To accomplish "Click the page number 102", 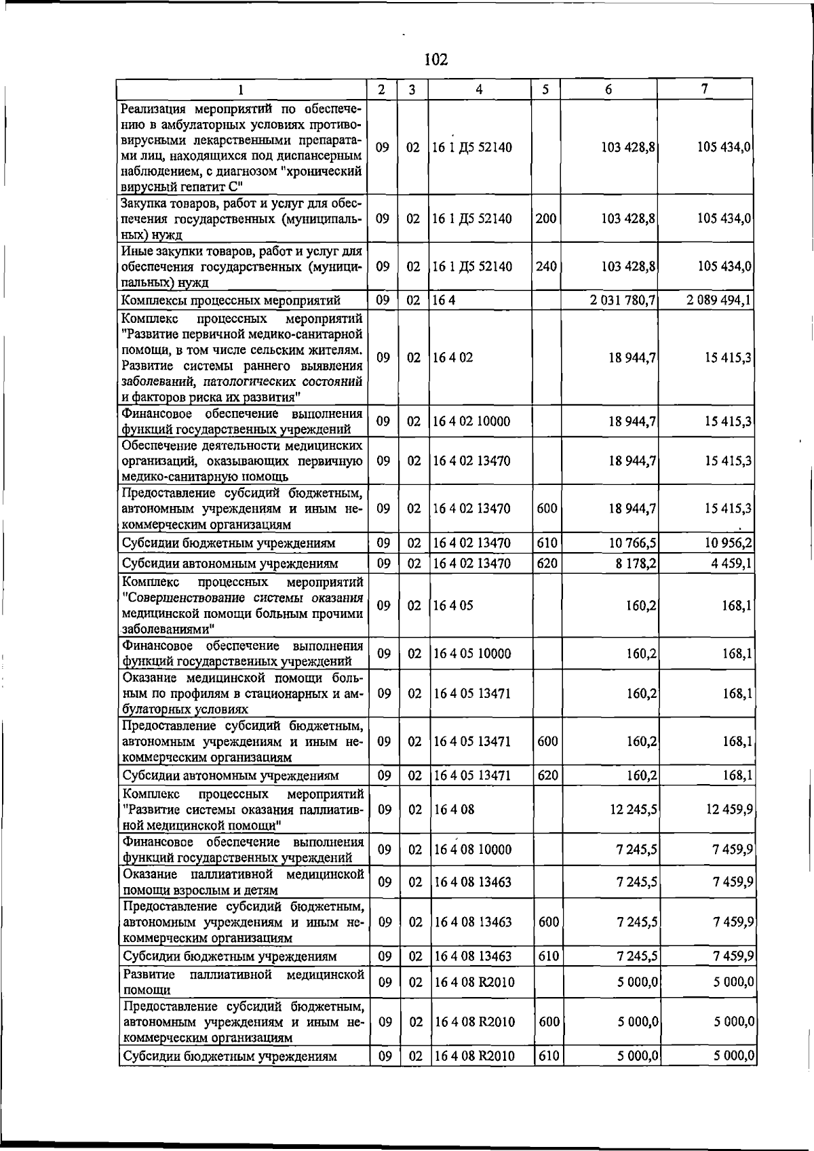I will point(436,60).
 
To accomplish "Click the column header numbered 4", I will point(480,89).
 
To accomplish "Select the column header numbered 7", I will point(705,89).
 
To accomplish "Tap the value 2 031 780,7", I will point(623,300).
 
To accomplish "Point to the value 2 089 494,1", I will point(718,300).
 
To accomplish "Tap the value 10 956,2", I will point(728,543).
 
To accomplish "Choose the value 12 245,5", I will point(632,809).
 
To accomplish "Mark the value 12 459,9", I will point(728,809).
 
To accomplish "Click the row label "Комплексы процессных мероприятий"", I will point(231,300).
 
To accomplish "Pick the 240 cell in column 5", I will point(546,267).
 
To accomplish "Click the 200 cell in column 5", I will point(546,218).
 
